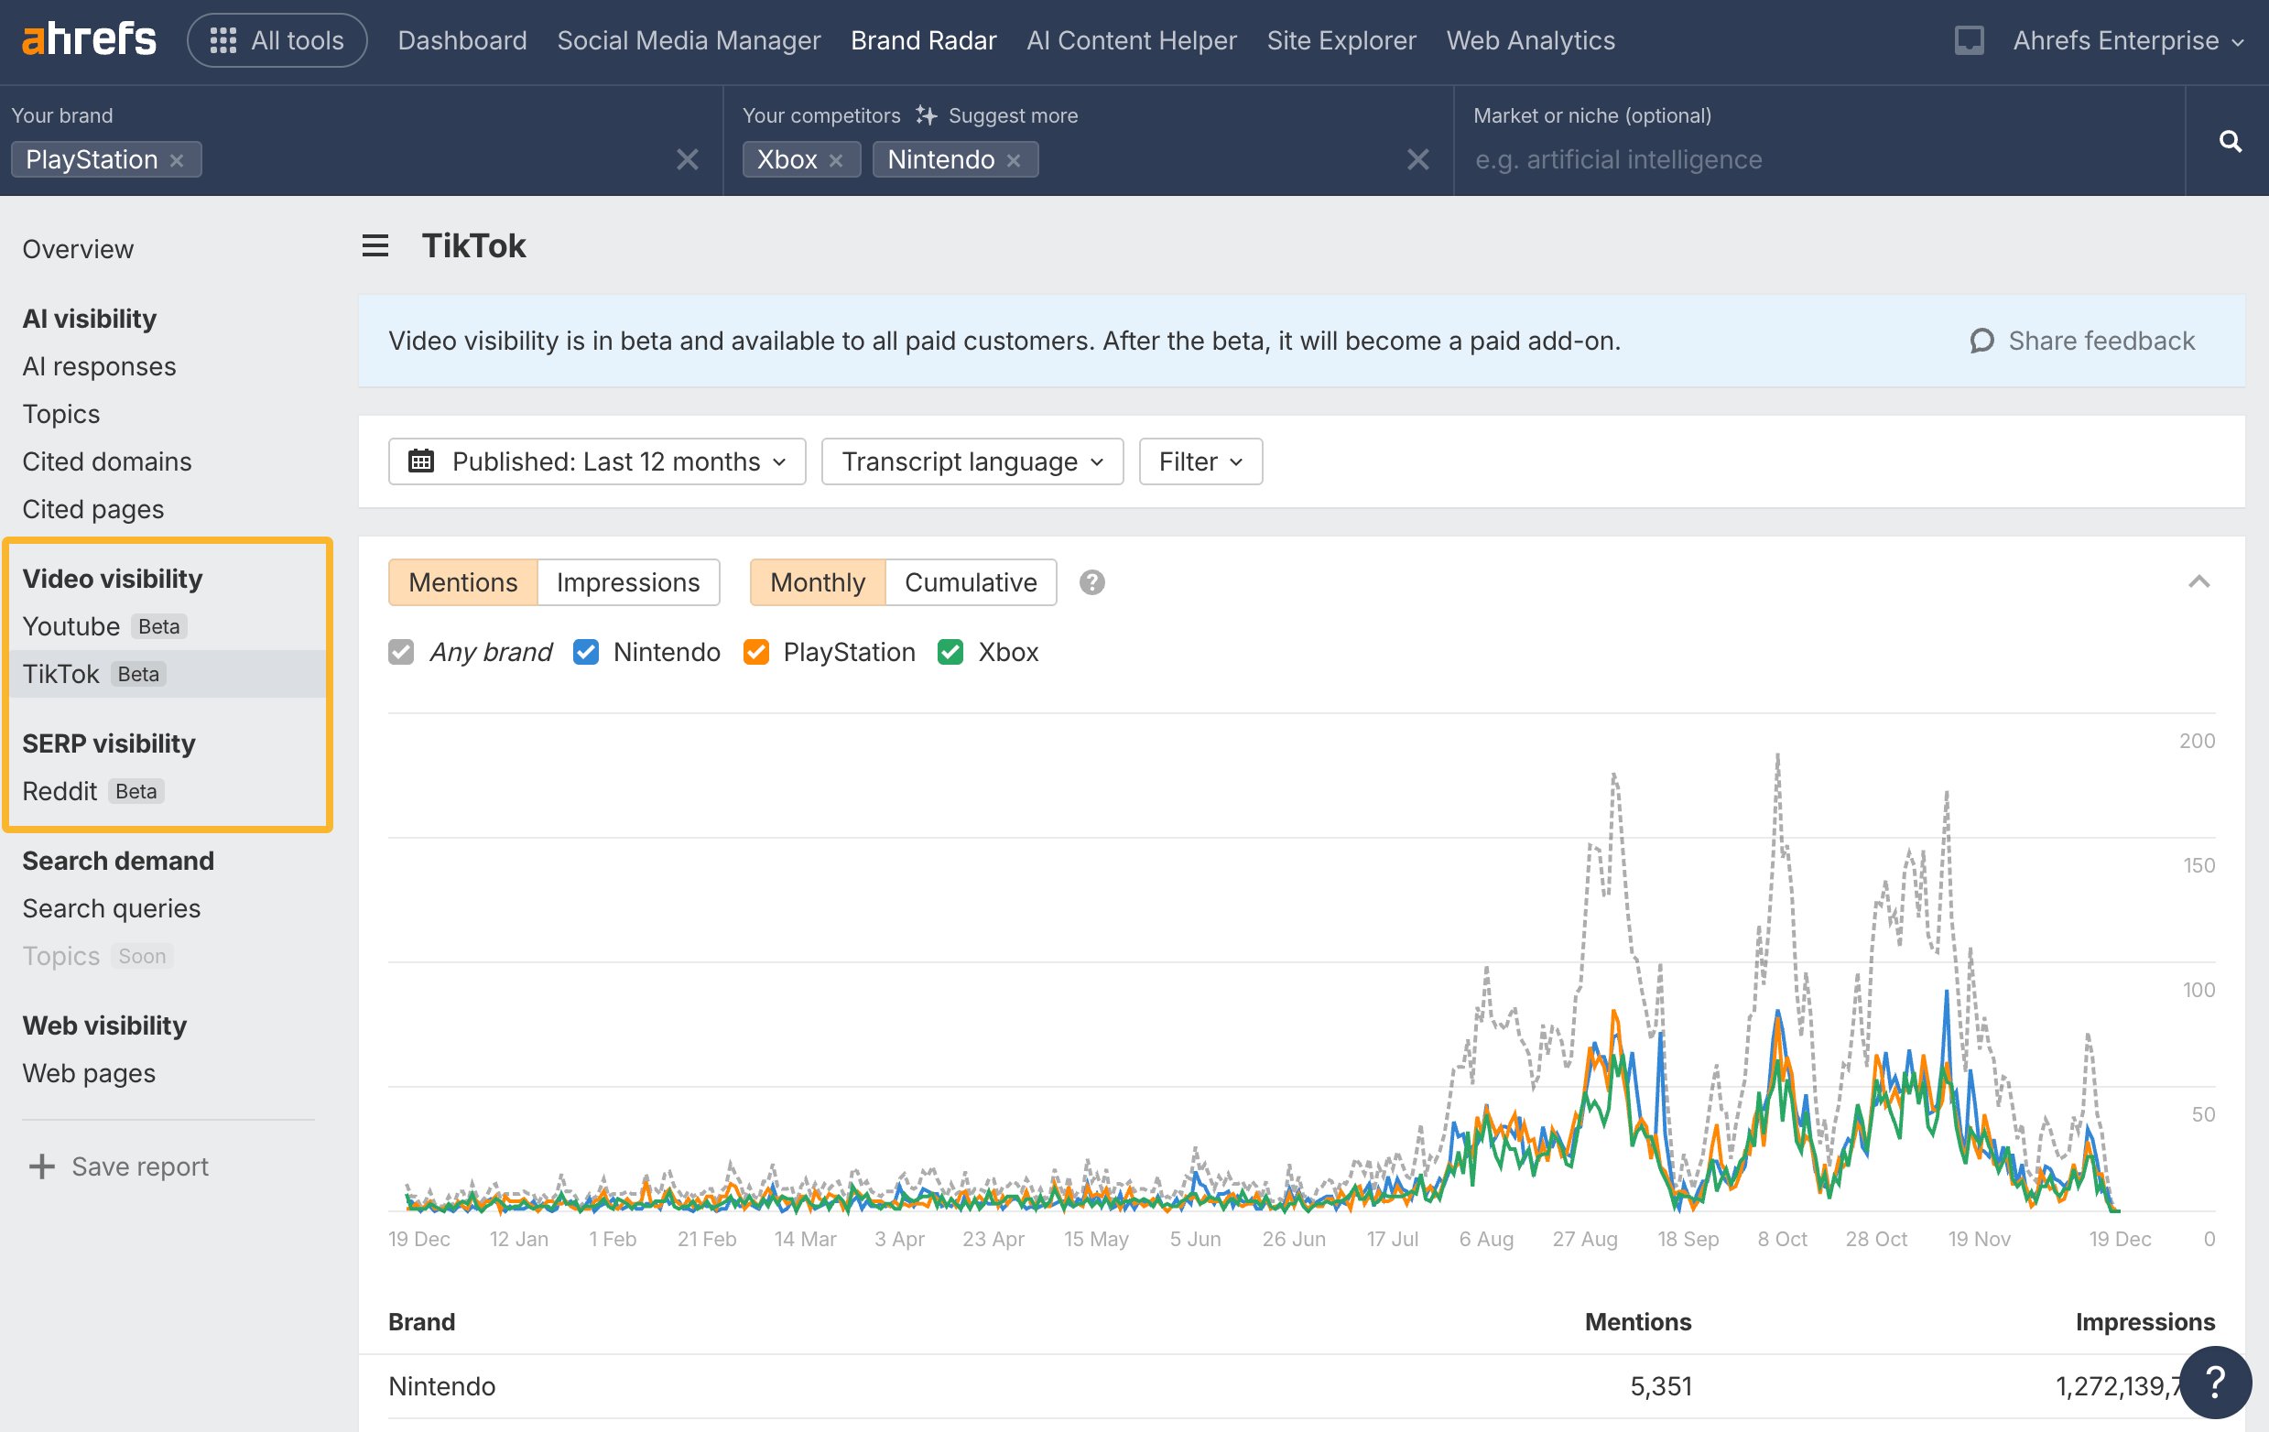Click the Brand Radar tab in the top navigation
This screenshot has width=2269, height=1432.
click(922, 40)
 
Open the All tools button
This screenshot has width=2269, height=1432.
click(277, 40)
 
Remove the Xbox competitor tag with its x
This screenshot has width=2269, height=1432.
click(836, 160)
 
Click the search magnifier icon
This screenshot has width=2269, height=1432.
click(2230, 141)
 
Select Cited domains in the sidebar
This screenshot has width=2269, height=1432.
click(106, 461)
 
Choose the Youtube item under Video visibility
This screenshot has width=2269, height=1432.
click(71, 626)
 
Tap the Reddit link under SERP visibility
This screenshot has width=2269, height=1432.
click(60, 791)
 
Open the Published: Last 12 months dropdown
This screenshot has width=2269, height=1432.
click(596, 461)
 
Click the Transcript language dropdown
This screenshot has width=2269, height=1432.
click(972, 461)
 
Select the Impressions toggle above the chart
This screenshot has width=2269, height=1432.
click(627, 582)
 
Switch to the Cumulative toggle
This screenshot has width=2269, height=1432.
click(970, 582)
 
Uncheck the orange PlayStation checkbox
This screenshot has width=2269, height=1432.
click(755, 652)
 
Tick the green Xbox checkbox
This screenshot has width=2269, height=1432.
click(950, 652)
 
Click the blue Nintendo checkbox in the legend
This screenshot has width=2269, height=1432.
click(585, 652)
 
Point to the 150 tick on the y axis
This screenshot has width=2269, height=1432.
click(2198, 865)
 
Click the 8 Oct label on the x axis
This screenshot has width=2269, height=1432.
click(1782, 1239)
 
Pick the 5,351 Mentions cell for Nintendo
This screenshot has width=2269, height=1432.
click(1660, 1386)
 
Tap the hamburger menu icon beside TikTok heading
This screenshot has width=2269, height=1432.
click(375, 246)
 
